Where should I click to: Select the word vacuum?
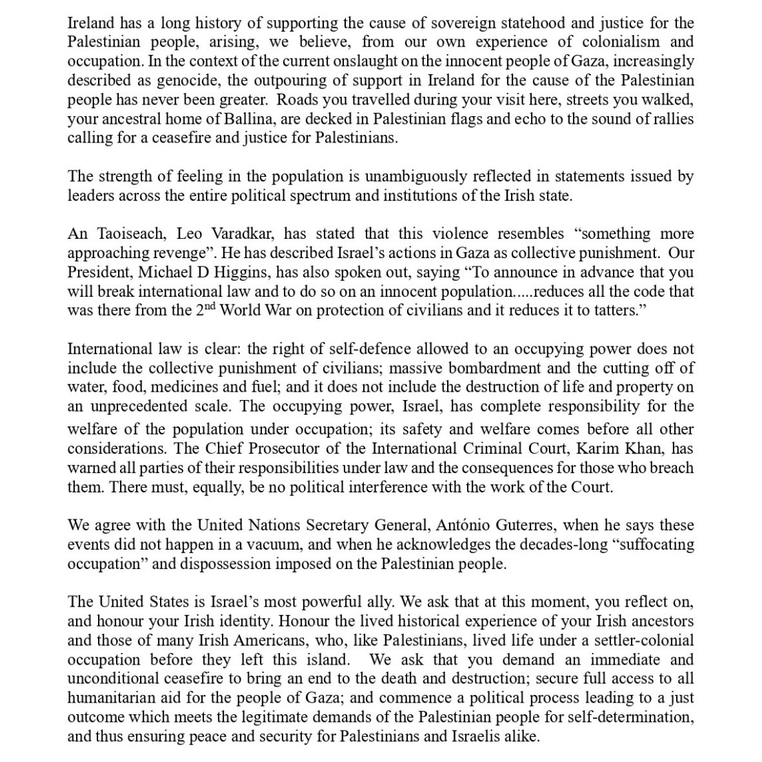click(264, 544)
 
